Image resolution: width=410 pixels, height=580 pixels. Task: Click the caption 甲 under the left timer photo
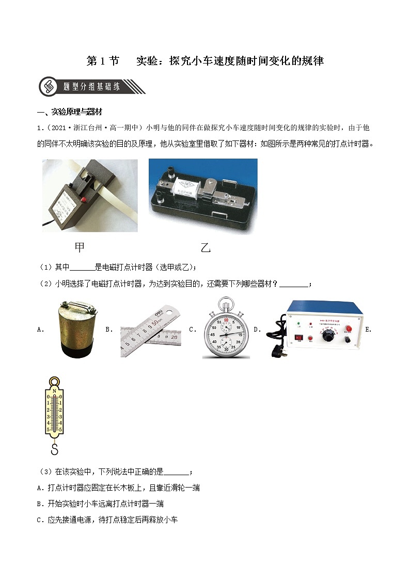click(x=80, y=247)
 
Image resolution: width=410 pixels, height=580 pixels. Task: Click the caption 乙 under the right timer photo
click(x=206, y=248)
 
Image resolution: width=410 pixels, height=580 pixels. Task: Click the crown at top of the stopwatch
click(x=226, y=302)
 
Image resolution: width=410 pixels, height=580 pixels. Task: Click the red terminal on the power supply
click(x=349, y=329)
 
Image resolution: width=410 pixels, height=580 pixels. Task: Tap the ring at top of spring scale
click(x=54, y=383)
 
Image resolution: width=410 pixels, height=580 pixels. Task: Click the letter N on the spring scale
click(x=54, y=391)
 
